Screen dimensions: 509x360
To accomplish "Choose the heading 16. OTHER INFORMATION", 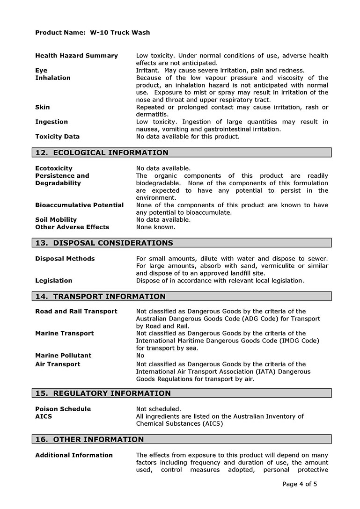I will point(89,440).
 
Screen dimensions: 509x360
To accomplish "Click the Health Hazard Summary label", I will point(76,56).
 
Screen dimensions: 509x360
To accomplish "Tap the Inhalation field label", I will point(53,78).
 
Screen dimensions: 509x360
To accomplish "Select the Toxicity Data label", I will point(57,137).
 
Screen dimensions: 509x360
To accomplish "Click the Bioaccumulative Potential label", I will point(79,205).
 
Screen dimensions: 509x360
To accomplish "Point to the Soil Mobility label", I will point(56,219).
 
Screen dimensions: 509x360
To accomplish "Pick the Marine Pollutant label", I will point(63,356).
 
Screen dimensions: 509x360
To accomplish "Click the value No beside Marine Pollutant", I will point(140,356).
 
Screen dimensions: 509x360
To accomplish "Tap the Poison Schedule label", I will point(63,409).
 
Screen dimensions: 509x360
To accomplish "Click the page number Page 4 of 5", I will point(300,484).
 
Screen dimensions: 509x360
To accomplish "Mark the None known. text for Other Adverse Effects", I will point(156,227).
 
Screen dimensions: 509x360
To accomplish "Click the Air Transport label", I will point(58,364).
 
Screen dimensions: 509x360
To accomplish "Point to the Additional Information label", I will point(74,455).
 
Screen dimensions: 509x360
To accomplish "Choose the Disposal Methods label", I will point(65,259).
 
